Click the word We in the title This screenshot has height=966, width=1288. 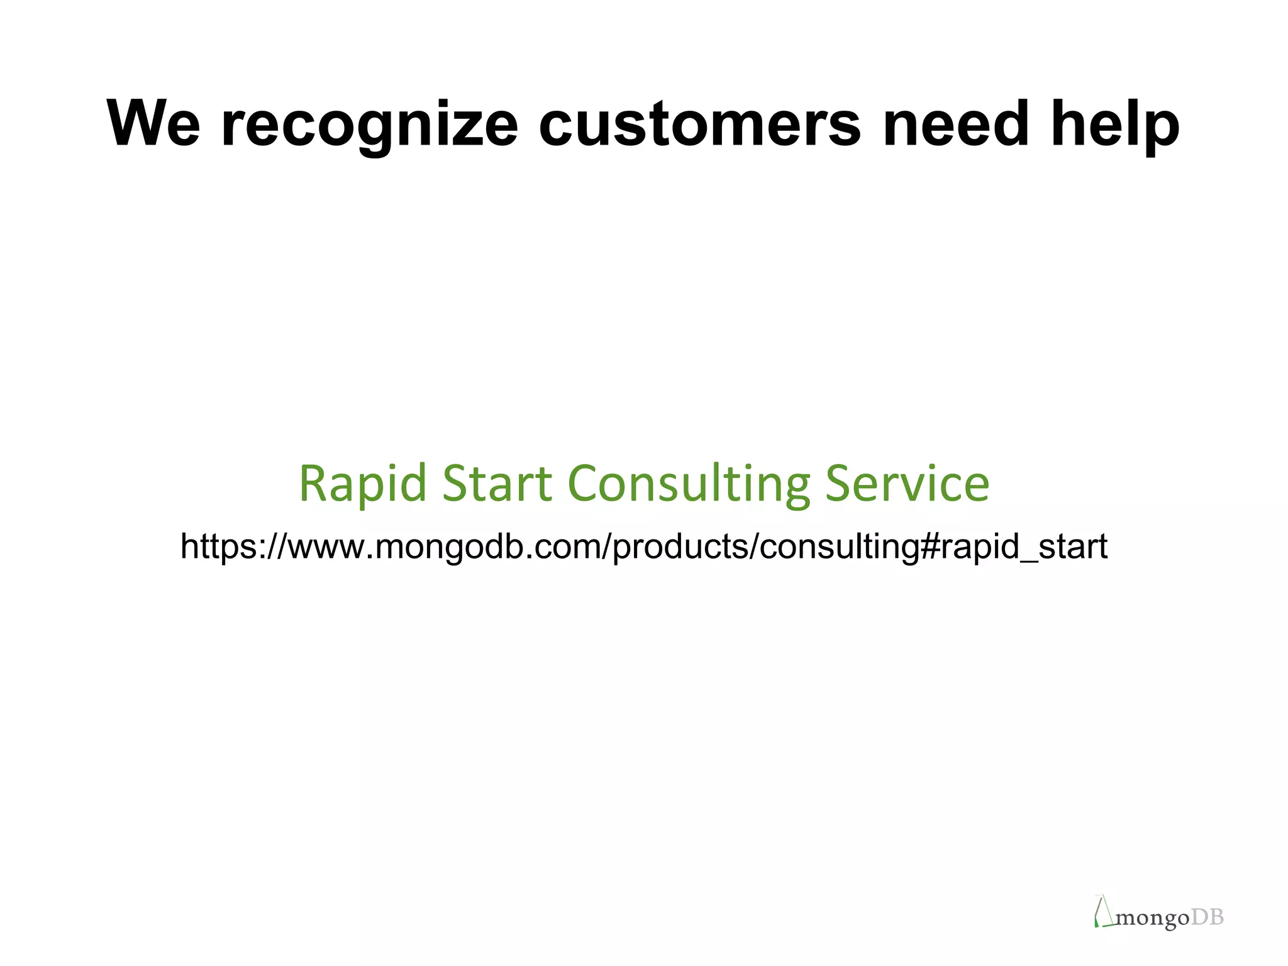coord(153,125)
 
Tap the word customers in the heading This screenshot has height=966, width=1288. coord(699,125)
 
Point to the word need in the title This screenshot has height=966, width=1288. coord(956,125)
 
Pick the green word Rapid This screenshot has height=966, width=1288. coord(363,484)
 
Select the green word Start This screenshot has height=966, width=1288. coord(497,484)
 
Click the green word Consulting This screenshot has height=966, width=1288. coord(689,484)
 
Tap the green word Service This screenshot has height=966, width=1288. coord(907,484)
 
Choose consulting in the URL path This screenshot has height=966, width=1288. coord(839,547)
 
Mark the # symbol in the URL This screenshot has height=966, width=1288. coord(930,547)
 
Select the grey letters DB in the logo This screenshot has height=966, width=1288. coord(1207,918)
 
